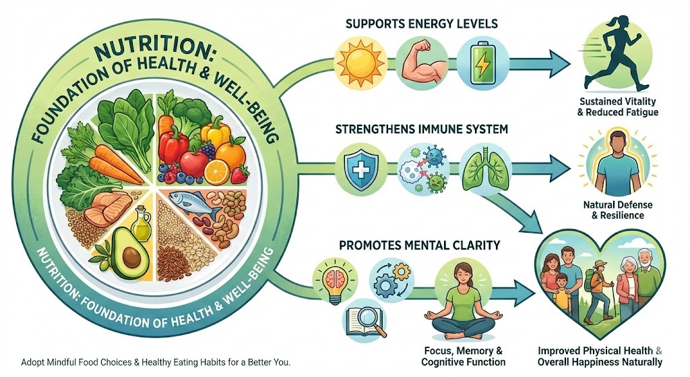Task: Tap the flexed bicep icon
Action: click(418, 59)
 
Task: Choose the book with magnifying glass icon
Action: click(365, 323)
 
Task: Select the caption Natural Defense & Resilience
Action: click(613, 210)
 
